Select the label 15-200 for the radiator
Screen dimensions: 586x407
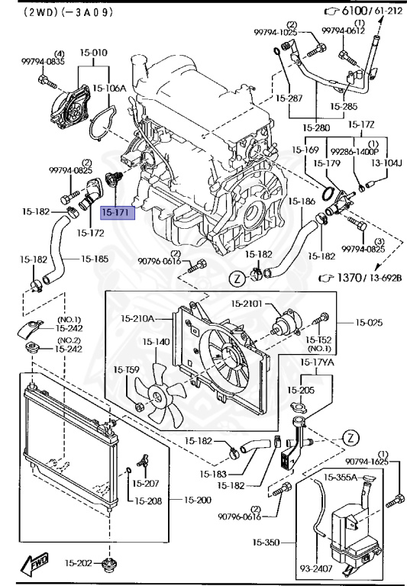(199, 500)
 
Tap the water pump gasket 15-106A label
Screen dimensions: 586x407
(109, 89)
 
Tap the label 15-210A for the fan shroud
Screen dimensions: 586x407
(138, 317)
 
